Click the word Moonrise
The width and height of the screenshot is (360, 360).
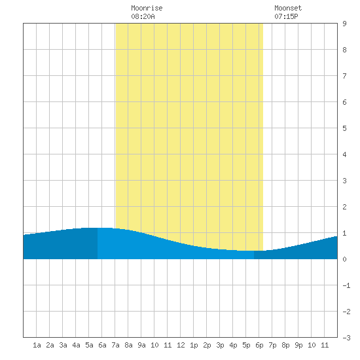pyautogui.click(x=147, y=8)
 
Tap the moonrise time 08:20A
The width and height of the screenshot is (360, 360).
pyautogui.click(x=143, y=16)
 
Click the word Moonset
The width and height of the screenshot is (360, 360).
pyautogui.click(x=288, y=8)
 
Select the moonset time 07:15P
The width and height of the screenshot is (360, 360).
pyautogui.click(x=286, y=16)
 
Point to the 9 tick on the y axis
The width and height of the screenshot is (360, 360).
pyautogui.click(x=344, y=24)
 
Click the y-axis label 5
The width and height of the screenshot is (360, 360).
pyautogui.click(x=344, y=128)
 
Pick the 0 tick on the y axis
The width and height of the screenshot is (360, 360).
pyautogui.click(x=344, y=259)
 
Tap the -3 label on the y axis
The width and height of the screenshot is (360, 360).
pyautogui.click(x=346, y=338)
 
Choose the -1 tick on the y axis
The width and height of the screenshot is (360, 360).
pyautogui.click(x=346, y=285)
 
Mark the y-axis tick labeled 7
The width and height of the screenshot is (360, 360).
pyautogui.click(x=344, y=76)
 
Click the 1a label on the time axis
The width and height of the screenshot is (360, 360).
pyautogui.click(x=37, y=345)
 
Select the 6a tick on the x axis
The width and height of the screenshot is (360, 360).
pyautogui.click(x=102, y=345)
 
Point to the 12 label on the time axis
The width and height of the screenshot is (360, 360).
pyautogui.click(x=181, y=345)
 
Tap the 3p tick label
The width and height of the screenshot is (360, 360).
pyautogui.click(x=220, y=345)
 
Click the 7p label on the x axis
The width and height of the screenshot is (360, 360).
pyautogui.click(x=272, y=345)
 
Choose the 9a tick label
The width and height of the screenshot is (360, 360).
pyautogui.click(x=141, y=345)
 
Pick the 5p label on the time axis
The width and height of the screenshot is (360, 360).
pyautogui.click(x=246, y=345)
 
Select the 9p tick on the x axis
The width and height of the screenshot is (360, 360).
pyautogui.click(x=298, y=345)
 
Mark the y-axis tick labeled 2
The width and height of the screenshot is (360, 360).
pyautogui.click(x=344, y=207)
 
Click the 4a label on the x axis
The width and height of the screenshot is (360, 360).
pyautogui.click(x=76, y=345)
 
